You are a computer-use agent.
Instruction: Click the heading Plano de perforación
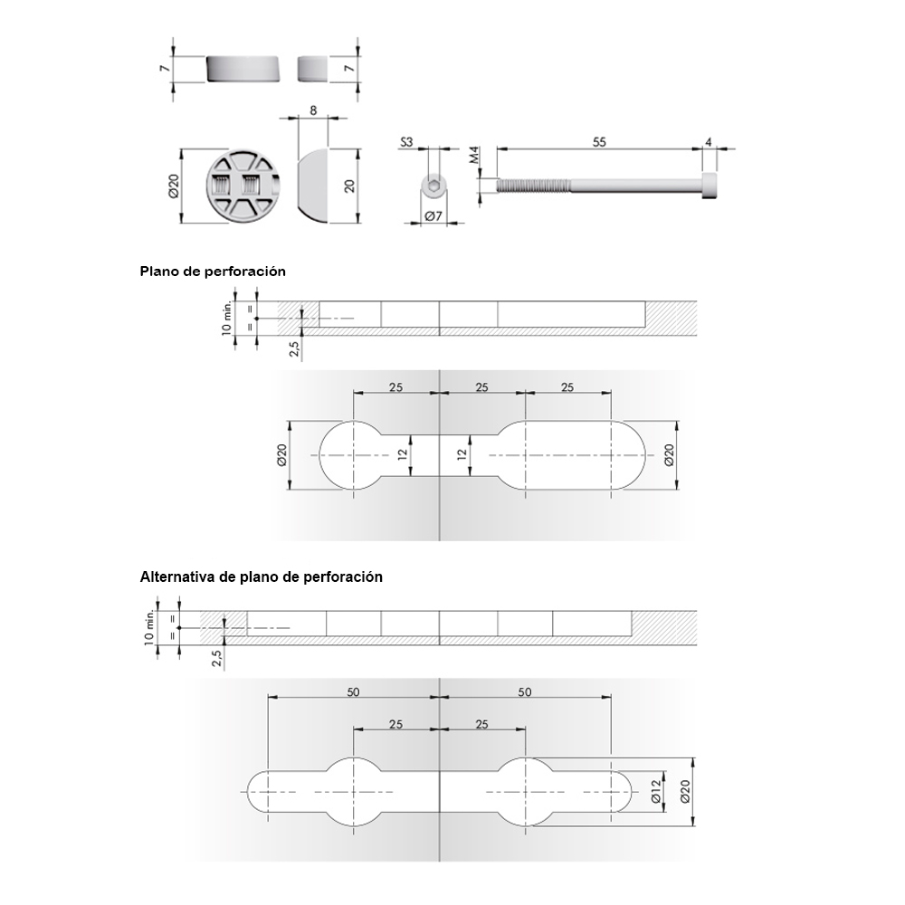213,271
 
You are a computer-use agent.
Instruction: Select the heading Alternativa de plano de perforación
261,576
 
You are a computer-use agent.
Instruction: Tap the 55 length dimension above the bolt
598,142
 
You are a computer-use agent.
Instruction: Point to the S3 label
406,143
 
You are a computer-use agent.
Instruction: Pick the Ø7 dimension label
432,216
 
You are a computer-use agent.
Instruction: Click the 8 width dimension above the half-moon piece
312,110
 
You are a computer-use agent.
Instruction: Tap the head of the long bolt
710,186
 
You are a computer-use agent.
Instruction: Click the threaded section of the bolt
534,186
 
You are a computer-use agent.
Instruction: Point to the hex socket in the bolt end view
434,186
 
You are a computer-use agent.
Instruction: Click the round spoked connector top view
243,186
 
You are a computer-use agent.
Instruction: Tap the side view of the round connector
243,69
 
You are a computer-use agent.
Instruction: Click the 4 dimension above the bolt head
709,142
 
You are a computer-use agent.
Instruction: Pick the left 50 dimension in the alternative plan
353,691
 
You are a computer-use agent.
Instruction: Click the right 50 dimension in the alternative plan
525,691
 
